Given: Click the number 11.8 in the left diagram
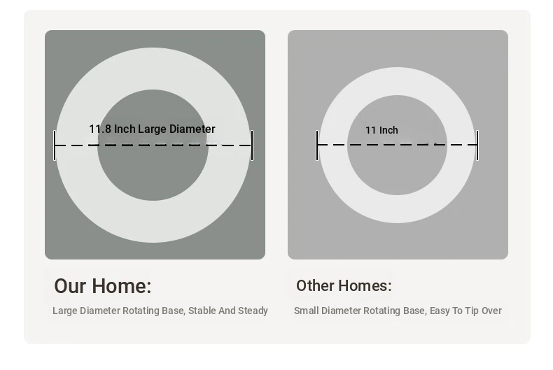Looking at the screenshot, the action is click(100, 129).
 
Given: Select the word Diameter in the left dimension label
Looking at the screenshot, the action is click(192, 129).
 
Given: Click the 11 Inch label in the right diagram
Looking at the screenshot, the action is click(381, 130).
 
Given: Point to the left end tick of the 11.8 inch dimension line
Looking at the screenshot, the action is click(55, 145).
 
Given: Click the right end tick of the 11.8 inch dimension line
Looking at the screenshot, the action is click(252, 145).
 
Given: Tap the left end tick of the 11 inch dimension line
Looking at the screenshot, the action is click(317, 145).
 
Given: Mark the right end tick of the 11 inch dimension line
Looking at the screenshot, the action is click(477, 145).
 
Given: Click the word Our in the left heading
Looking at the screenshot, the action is click(70, 286).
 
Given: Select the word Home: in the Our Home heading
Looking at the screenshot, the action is click(122, 286).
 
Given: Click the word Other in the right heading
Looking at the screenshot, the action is click(315, 286).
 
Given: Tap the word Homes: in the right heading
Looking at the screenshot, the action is click(365, 286).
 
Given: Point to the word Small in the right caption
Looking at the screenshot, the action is click(307, 311).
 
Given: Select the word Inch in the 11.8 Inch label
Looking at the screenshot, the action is click(125, 129).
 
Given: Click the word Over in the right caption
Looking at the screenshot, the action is click(491, 311).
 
